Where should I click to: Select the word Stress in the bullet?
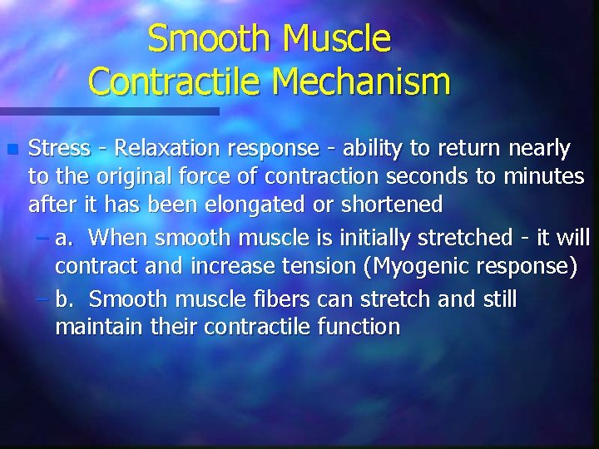[59, 149]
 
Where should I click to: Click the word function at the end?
[359, 326]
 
